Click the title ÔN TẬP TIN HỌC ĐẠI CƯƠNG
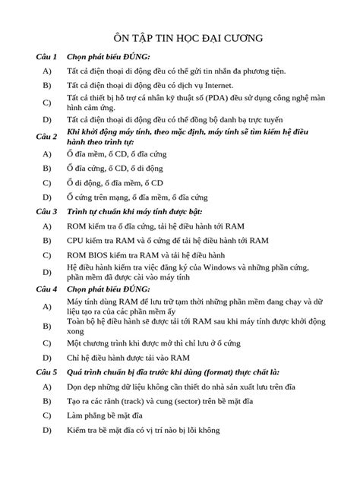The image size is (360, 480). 180,36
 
